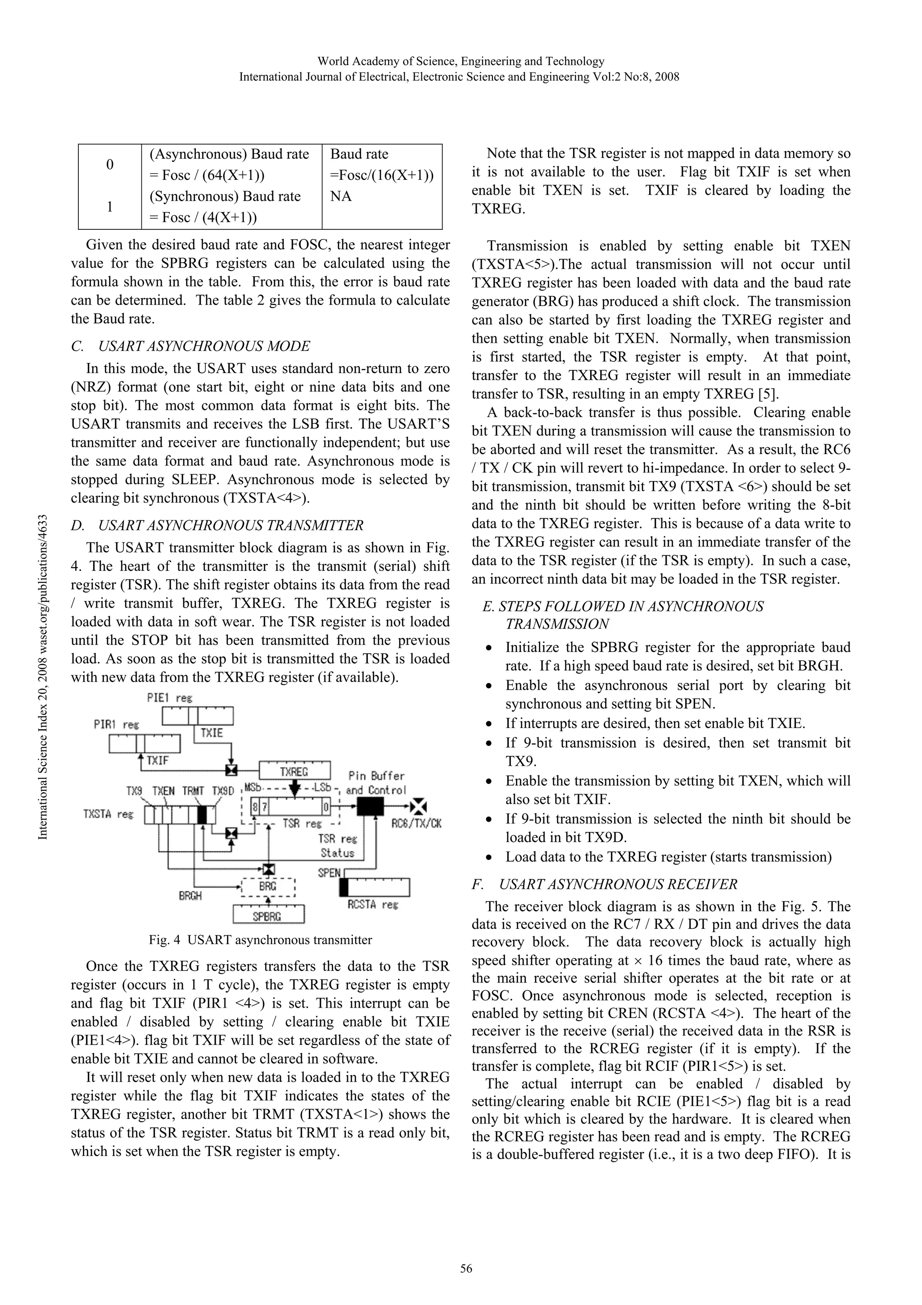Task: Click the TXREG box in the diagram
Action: (x=294, y=771)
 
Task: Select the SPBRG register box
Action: (x=268, y=916)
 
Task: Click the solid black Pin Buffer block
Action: (x=370, y=806)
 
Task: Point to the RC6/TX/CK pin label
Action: (x=416, y=823)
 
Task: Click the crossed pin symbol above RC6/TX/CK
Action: (x=419, y=806)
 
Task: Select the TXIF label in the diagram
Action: (x=158, y=760)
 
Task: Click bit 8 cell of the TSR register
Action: (x=256, y=807)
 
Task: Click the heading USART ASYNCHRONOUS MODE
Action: (x=204, y=346)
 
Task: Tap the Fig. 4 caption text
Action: (x=260, y=940)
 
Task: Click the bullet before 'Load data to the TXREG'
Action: (x=488, y=858)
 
